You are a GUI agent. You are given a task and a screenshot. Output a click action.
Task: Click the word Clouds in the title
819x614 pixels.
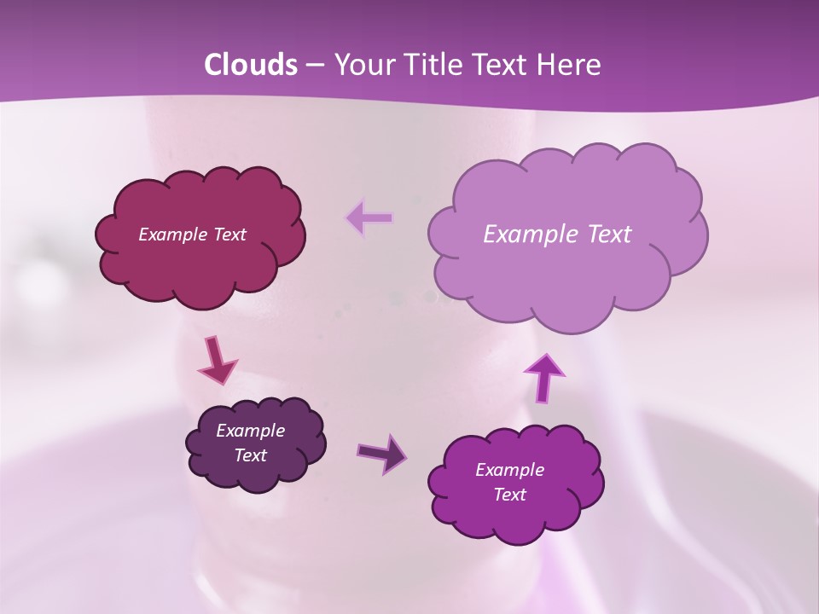(x=251, y=65)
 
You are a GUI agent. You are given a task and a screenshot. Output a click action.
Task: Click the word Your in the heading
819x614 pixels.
(x=363, y=65)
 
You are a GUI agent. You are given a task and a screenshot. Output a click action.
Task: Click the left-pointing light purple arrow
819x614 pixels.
(x=369, y=219)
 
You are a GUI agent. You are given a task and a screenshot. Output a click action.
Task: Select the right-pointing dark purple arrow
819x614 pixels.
(x=382, y=453)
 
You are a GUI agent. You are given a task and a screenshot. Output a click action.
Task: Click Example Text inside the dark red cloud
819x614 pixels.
(x=192, y=235)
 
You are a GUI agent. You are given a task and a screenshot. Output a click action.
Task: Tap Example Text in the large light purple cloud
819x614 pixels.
(x=557, y=235)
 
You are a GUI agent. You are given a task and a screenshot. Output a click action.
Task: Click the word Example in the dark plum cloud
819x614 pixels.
(x=250, y=431)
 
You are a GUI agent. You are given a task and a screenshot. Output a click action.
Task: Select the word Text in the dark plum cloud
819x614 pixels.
(x=250, y=455)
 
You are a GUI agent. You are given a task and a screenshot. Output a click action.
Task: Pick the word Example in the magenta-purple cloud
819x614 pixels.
(x=509, y=470)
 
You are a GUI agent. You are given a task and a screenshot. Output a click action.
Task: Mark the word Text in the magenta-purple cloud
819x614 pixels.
(x=509, y=495)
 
